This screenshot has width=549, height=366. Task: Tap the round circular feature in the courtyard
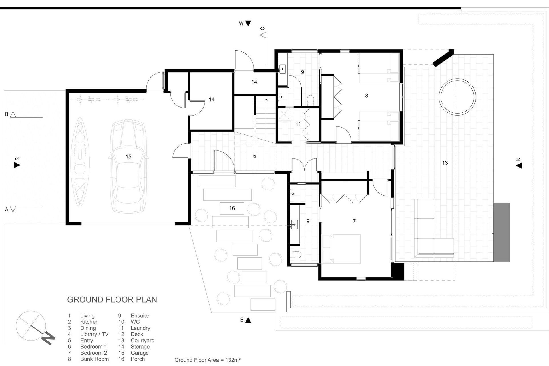click(x=457, y=97)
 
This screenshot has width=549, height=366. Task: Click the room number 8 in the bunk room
click(x=367, y=96)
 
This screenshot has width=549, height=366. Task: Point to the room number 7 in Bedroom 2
click(x=354, y=221)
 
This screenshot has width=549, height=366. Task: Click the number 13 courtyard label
click(x=445, y=163)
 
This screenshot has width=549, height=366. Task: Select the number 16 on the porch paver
click(x=232, y=208)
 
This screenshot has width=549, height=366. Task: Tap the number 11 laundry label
click(x=298, y=124)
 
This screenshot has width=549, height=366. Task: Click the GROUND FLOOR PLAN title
click(x=112, y=300)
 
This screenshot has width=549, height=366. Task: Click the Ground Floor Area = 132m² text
click(x=207, y=360)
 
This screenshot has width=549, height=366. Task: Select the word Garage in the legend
click(x=140, y=353)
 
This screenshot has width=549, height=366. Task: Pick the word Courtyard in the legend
click(x=142, y=341)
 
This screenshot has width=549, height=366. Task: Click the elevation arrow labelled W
click(x=248, y=24)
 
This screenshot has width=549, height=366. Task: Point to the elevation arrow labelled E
click(x=248, y=320)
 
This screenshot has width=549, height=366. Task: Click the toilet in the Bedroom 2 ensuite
click(x=297, y=254)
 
